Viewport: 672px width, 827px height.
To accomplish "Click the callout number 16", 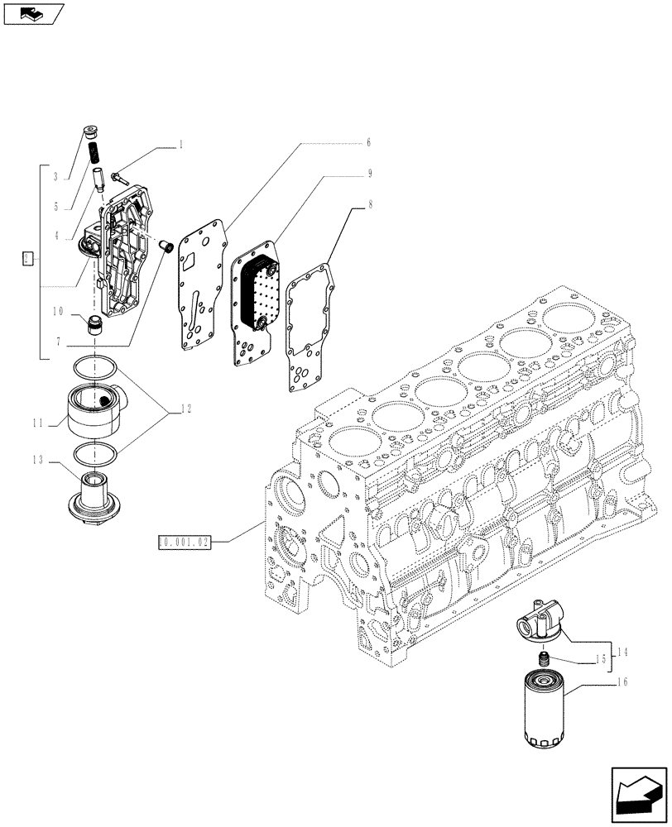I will click(x=622, y=683).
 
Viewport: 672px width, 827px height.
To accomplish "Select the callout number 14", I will click(x=622, y=653).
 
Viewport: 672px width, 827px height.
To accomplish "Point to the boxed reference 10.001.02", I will click(x=185, y=543).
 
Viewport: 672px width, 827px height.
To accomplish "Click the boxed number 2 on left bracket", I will click(x=27, y=260).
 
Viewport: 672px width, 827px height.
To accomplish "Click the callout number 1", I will click(x=180, y=145).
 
